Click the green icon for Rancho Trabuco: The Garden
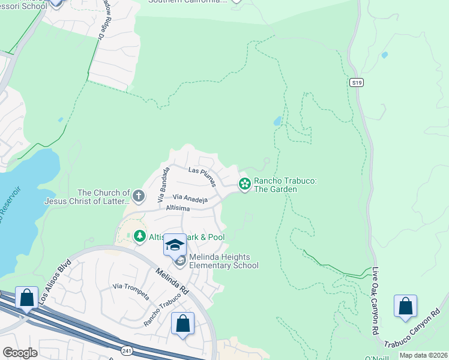coord(244,184)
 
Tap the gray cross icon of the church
coord(139,196)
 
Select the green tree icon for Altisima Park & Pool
coord(140,237)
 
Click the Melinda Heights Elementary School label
coord(223,261)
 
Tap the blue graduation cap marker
coord(175,245)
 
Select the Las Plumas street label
coord(201,170)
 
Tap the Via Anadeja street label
coord(190,197)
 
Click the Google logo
coord(20,353)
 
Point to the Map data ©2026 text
coord(423,355)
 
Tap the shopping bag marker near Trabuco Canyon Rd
coord(406,305)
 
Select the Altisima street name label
coord(175,208)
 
